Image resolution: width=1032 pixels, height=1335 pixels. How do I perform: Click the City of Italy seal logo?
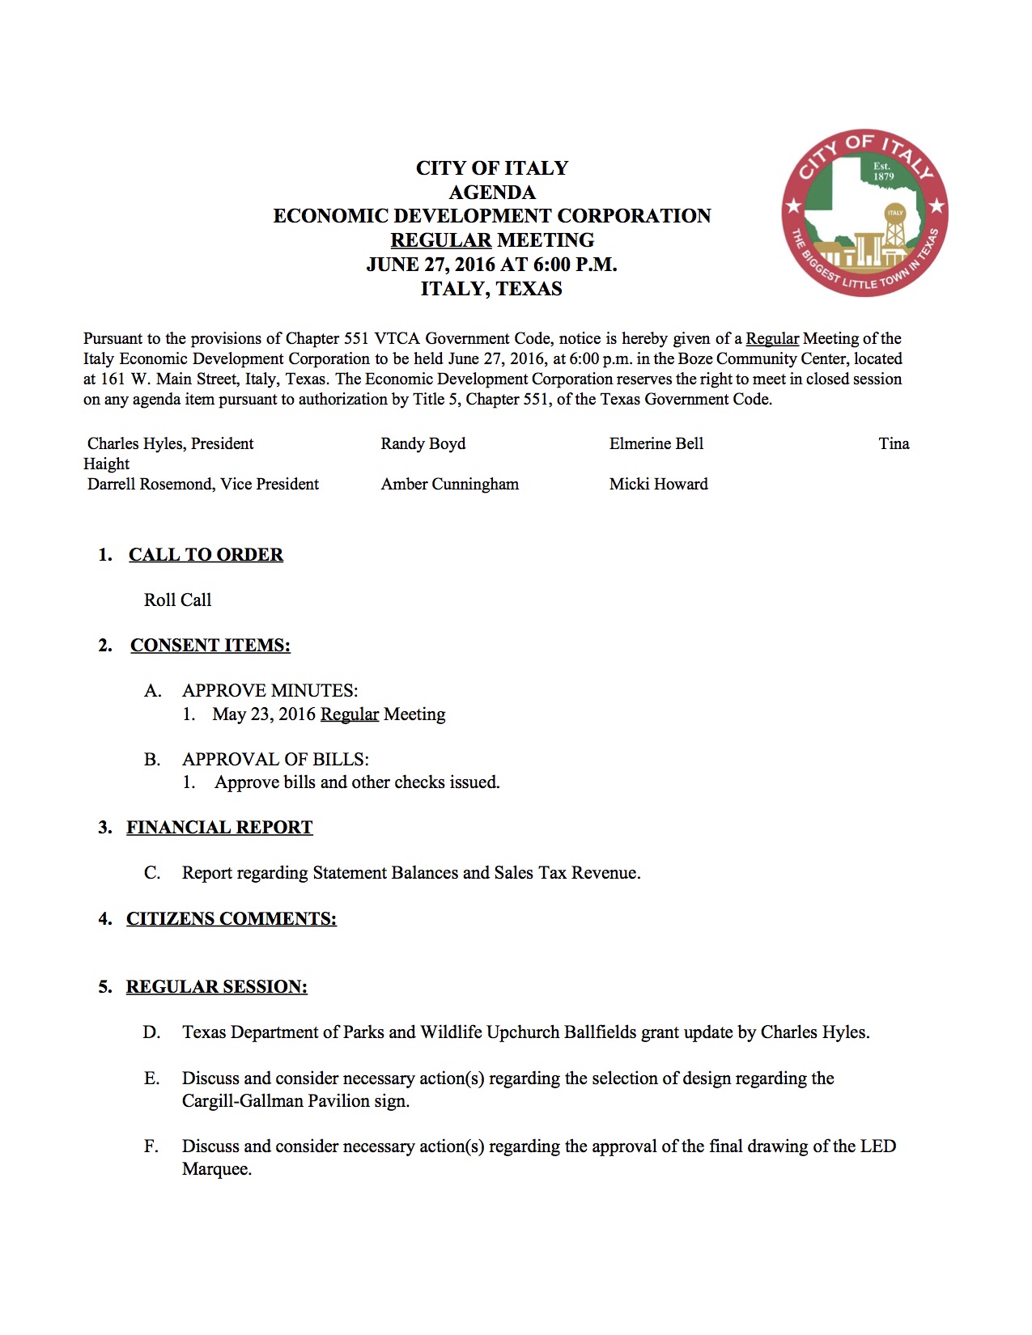click(864, 213)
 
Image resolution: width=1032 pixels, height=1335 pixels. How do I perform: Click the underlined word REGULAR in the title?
click(440, 240)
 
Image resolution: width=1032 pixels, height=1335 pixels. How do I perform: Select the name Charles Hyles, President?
click(170, 443)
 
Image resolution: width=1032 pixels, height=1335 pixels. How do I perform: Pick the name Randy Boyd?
click(423, 443)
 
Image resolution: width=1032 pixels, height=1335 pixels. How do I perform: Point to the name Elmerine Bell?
click(656, 443)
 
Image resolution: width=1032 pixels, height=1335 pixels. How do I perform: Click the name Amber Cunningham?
click(449, 484)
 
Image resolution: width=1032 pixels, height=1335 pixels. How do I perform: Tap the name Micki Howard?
click(658, 484)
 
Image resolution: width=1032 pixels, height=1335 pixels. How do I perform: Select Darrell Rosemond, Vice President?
click(202, 484)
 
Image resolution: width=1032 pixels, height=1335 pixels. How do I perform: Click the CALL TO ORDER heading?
click(206, 555)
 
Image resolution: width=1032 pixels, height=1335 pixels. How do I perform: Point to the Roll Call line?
click(177, 600)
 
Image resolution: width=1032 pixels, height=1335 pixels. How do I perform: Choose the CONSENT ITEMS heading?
click(210, 646)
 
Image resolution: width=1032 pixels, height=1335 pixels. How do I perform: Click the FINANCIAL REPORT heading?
click(219, 828)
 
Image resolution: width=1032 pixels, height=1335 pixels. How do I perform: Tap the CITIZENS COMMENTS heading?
click(231, 919)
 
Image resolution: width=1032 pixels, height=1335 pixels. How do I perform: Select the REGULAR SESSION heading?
click(216, 987)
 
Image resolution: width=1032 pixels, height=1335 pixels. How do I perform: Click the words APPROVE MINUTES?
click(270, 691)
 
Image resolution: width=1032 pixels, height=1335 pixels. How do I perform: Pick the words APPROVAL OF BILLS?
click(275, 760)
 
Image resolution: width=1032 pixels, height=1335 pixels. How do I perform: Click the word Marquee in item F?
click(216, 1169)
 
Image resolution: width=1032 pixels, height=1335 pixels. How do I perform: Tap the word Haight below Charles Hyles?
click(106, 464)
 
